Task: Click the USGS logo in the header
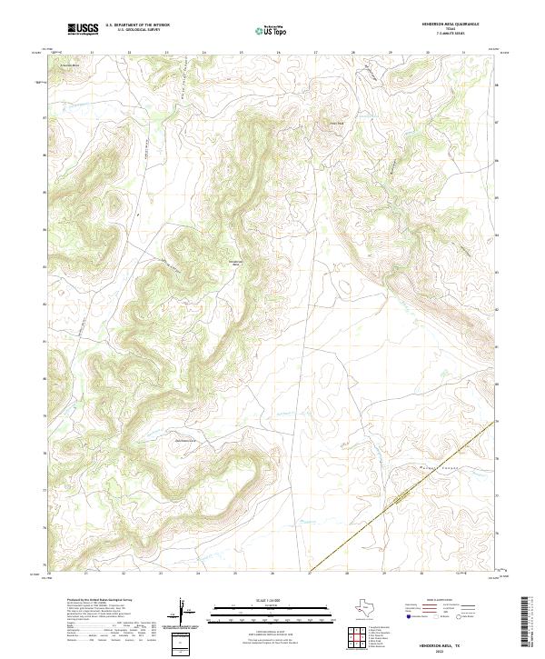pos(84,30)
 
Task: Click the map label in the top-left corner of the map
pos(69,66)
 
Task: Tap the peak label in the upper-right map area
pos(336,124)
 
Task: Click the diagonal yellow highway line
pos(400,500)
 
